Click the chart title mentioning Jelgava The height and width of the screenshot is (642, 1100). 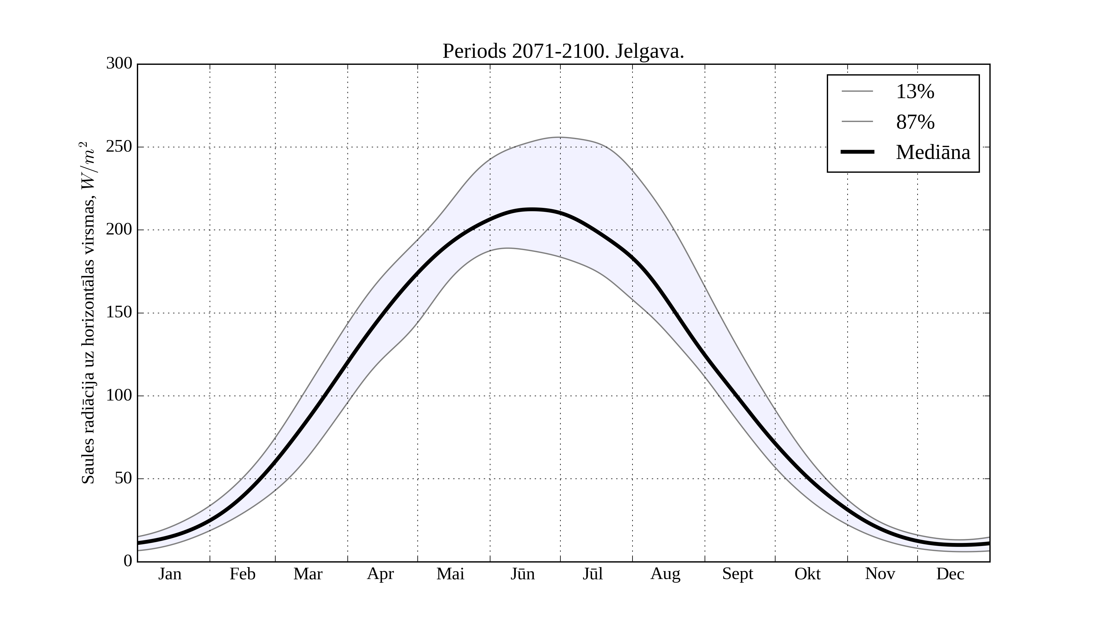coord(563,52)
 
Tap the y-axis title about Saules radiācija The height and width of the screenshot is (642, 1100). coord(88,313)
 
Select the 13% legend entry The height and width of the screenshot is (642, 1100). coord(915,92)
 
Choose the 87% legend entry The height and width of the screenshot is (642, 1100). coord(915,122)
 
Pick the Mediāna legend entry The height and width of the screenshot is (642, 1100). coord(933,153)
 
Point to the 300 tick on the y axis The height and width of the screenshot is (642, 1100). coord(119,64)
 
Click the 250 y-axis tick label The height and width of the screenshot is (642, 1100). coord(119,147)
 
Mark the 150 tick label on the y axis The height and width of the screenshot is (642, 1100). coord(119,313)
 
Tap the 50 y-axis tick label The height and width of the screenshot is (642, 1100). coord(123,479)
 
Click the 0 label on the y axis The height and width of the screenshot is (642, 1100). coord(128,561)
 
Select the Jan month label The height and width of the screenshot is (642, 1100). coord(170,574)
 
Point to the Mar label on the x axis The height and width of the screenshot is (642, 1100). coord(308,574)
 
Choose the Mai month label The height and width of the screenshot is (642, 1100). coord(450,574)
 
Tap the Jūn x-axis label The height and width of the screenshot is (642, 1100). coord(522,574)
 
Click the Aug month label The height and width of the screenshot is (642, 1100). coord(665,574)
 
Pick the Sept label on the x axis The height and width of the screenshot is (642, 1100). coord(738,574)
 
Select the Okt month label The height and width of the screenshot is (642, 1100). coord(808,574)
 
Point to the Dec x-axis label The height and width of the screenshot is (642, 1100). coord(950,574)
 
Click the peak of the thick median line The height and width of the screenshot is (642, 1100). coord(532,210)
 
